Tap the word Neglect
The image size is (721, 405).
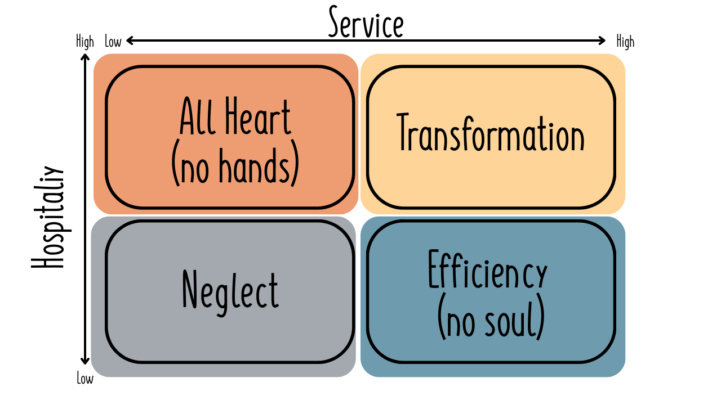tap(230, 290)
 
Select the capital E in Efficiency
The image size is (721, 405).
tap(434, 269)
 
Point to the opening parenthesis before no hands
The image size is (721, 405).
tap(175, 167)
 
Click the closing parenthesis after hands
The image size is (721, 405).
tap(294, 167)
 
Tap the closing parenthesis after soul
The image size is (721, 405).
tap(541, 321)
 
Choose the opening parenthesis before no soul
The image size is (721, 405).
tap(442, 321)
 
